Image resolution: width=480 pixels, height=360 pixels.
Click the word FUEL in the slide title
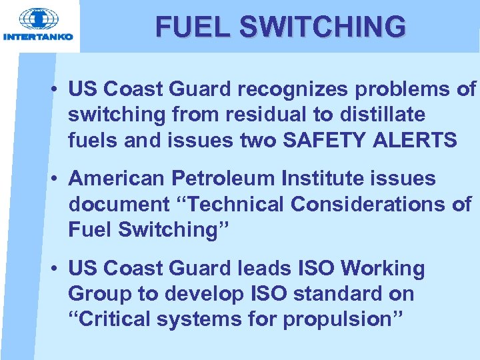(x=193, y=27)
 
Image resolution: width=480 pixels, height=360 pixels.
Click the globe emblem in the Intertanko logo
(x=38, y=19)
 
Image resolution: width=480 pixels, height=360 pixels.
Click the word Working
(x=383, y=269)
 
